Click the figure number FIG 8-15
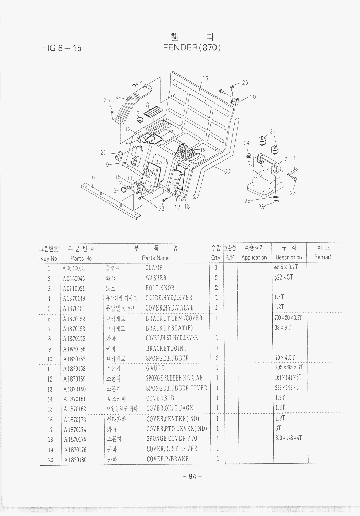coord(61,48)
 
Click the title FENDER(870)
coord(192,48)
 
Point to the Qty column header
coord(216,257)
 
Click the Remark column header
coord(323,257)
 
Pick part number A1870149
coord(74,298)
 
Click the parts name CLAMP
coord(154,267)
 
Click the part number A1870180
coord(74,459)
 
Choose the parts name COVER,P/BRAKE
coord(167,459)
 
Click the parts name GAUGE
coord(155,368)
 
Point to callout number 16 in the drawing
coord(205,78)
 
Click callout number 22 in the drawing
coord(228,171)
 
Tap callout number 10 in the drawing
coord(253,96)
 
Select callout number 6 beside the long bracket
coord(93,177)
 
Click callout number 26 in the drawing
coord(247,201)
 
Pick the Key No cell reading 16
coord(50,419)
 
